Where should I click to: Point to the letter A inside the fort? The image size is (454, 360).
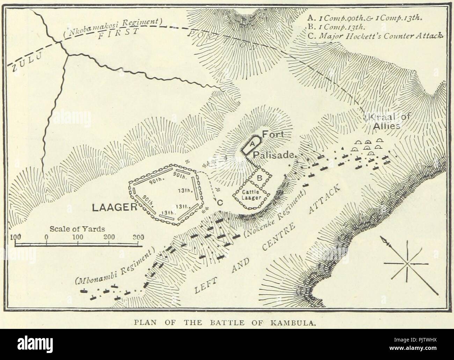(251, 144)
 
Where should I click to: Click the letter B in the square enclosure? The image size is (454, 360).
(259, 178)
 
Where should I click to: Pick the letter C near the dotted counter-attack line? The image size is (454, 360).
(220, 202)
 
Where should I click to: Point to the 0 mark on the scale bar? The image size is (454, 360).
(46, 237)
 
